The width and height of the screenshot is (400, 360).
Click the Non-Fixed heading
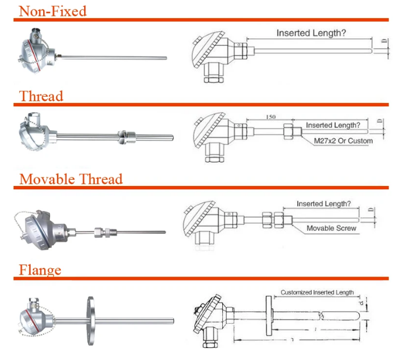[53, 10]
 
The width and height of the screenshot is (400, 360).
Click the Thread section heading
[41, 96]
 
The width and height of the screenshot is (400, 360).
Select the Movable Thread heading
[71, 179]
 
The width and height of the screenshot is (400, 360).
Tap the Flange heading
[40, 269]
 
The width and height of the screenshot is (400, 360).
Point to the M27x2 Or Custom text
[344, 140]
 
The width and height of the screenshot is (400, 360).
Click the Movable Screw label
[331, 228]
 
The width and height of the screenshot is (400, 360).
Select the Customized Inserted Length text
[317, 292]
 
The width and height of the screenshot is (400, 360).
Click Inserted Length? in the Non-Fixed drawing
[311, 33]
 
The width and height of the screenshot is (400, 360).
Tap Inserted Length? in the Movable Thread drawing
[323, 204]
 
